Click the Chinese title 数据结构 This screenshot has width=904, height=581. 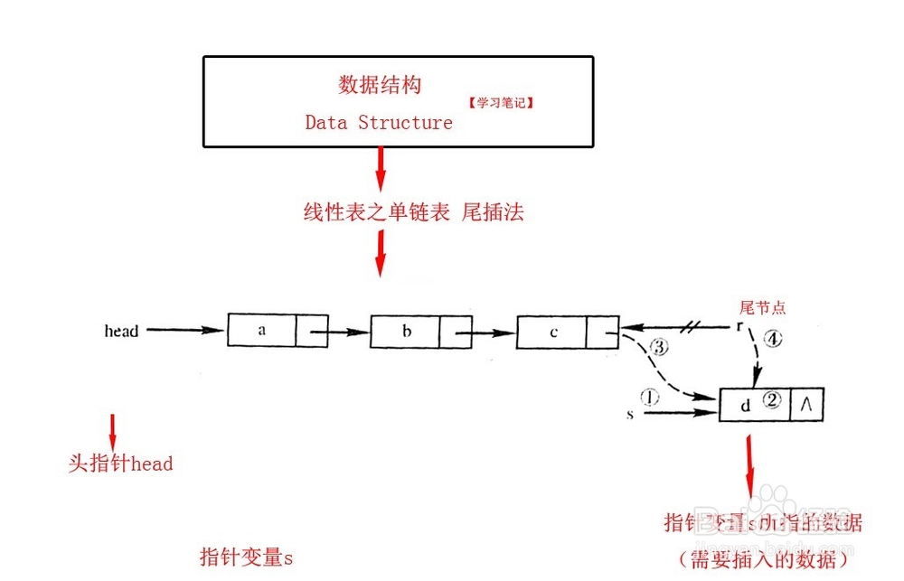pos(380,86)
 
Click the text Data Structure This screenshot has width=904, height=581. pos(379,123)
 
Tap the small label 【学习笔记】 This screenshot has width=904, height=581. pos(501,103)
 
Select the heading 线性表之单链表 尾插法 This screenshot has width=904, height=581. pos(413,213)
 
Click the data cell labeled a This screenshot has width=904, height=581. pos(262,330)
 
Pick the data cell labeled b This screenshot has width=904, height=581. pos(406,331)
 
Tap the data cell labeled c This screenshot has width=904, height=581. pos(552,332)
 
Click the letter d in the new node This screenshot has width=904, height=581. pos(746,406)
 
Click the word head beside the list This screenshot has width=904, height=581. pos(121,332)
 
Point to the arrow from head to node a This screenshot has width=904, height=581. pos(185,331)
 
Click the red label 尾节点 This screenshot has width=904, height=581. pos(763,308)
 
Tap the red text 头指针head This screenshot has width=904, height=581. pos(120,464)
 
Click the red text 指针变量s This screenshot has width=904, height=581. pos(246,557)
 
